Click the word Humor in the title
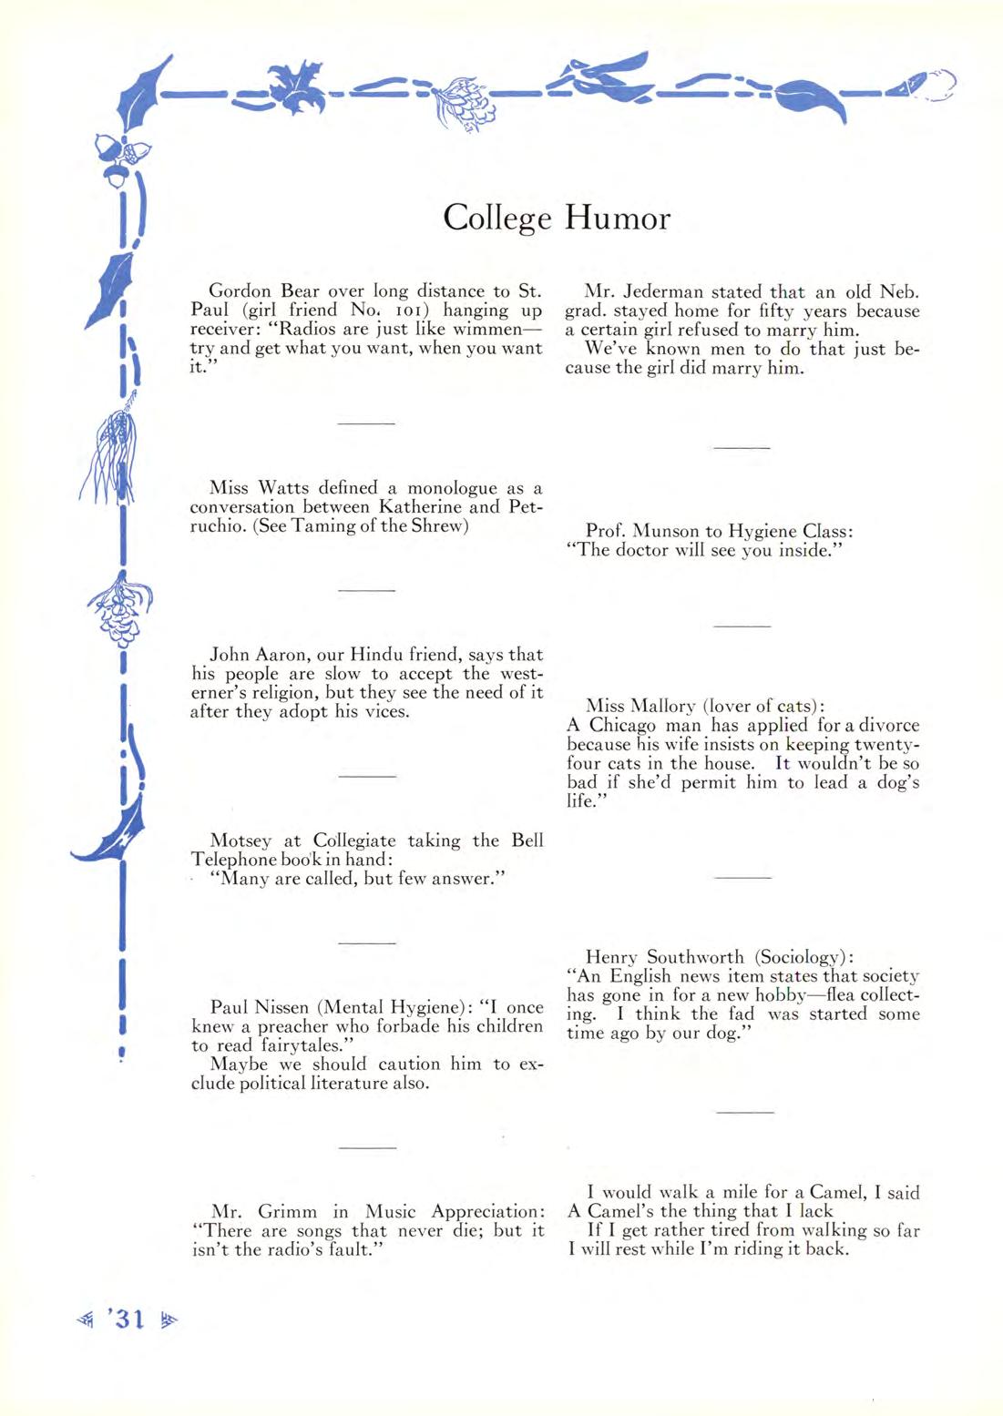point(618,219)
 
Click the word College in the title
point(497,219)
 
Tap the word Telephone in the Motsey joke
point(233,860)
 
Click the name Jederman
point(665,292)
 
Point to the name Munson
point(670,531)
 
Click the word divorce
point(884,726)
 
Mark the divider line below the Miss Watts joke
point(366,590)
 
